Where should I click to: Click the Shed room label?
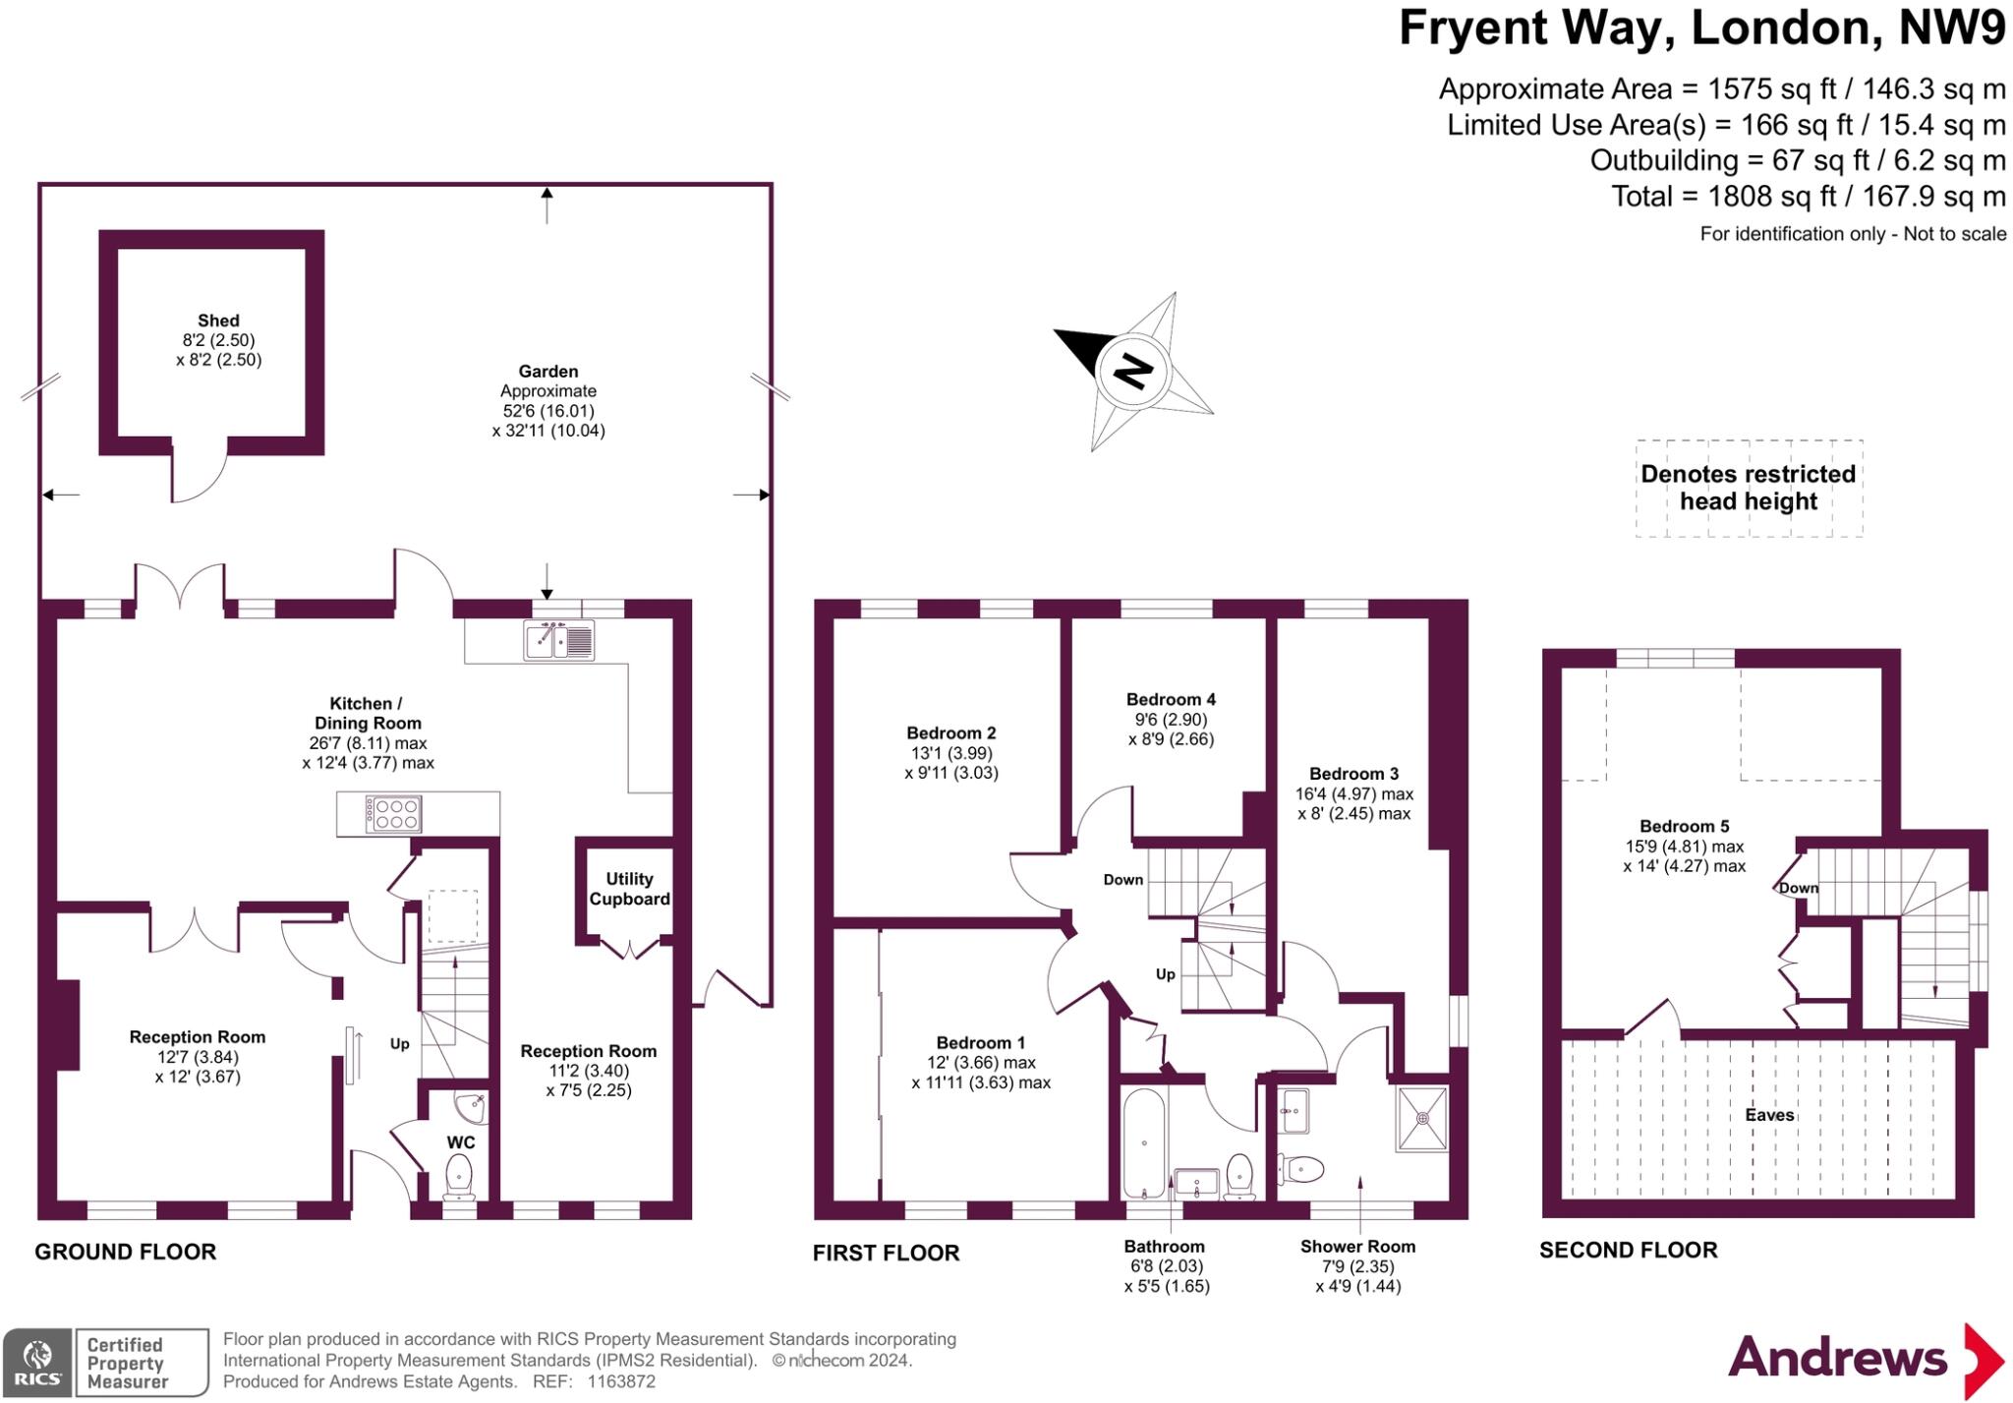218,321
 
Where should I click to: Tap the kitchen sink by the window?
558,640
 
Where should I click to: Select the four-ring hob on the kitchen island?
393,813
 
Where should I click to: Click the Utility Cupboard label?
629,889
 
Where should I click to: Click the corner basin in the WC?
477,1107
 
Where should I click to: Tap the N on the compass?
1132,372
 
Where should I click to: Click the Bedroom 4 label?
1171,700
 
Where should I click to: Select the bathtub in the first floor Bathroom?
1143,1142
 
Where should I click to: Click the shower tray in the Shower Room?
1421,1118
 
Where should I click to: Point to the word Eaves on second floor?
1769,1115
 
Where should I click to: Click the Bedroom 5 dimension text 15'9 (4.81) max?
1684,847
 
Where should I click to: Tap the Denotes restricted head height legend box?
1749,488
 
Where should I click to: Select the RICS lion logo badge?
38,1363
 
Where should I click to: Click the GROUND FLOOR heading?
125,1252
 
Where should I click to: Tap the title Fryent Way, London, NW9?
1701,28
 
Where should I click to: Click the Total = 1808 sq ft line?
1808,197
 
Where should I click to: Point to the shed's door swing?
200,478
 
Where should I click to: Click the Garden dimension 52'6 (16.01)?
548,411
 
